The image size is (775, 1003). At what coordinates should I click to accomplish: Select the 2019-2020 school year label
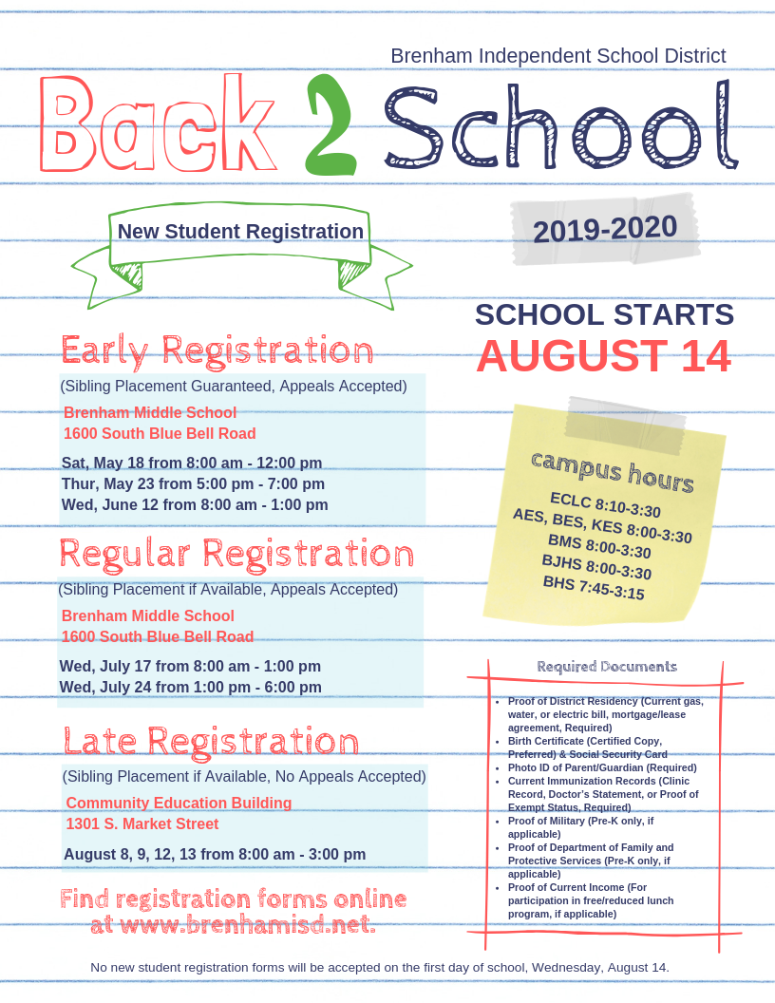tap(605, 229)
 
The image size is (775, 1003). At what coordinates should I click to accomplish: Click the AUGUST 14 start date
tap(603, 356)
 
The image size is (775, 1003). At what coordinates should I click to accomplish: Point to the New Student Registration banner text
tap(240, 232)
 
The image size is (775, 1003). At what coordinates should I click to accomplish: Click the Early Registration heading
tap(217, 350)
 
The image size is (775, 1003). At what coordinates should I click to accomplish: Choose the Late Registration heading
tap(212, 741)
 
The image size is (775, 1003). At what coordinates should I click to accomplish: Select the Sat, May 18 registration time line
tap(192, 464)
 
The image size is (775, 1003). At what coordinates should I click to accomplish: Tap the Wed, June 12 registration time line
tap(195, 505)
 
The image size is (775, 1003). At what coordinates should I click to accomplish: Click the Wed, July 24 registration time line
tap(190, 688)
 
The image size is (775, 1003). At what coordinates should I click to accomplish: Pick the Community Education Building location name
tap(179, 804)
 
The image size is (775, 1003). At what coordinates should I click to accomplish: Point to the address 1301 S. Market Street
tap(142, 824)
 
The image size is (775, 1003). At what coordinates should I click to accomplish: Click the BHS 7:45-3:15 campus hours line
tap(594, 588)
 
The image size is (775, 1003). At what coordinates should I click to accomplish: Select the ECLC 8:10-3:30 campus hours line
tap(605, 505)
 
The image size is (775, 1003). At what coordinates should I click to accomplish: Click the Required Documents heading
tap(607, 667)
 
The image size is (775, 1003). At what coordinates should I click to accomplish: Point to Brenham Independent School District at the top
tap(558, 56)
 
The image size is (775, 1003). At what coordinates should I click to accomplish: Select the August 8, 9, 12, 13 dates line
tap(215, 855)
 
